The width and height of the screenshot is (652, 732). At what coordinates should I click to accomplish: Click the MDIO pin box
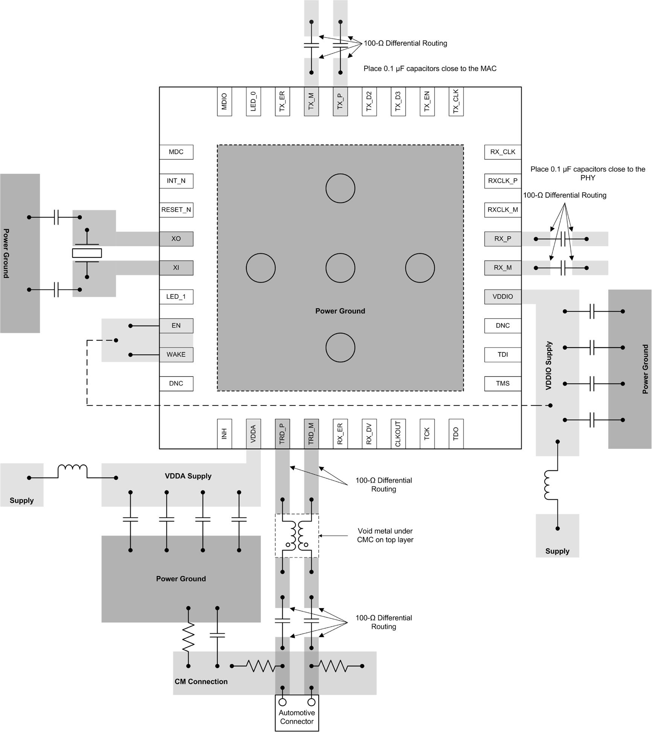click(224, 101)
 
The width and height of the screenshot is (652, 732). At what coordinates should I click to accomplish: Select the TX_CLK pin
click(456, 101)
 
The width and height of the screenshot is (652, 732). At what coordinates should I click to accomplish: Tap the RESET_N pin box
click(176, 210)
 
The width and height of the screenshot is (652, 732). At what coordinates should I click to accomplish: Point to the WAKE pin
click(176, 355)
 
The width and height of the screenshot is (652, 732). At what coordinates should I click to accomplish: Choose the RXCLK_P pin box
click(502, 181)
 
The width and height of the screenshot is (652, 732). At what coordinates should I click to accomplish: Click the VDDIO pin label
click(502, 297)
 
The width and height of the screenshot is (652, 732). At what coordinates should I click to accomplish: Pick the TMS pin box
click(502, 384)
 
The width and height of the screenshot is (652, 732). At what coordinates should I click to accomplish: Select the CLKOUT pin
click(398, 434)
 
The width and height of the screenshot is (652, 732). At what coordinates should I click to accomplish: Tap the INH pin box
click(224, 434)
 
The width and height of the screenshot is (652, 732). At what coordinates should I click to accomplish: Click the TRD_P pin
click(282, 434)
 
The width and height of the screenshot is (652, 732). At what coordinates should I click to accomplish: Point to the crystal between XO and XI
click(87, 253)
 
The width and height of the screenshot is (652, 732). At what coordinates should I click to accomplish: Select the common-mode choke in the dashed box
click(297, 535)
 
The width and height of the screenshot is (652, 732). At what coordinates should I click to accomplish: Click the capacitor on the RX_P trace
click(563, 239)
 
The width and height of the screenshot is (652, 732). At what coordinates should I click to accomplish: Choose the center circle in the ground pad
click(340, 268)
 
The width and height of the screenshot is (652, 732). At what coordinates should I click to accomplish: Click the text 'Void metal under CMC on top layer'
click(385, 535)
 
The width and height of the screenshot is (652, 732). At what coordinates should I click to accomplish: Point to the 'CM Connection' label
click(201, 682)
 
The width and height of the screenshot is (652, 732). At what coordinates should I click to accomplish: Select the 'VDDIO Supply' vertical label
click(549, 365)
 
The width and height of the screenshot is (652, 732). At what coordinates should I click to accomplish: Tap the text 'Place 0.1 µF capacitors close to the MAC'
click(430, 69)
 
